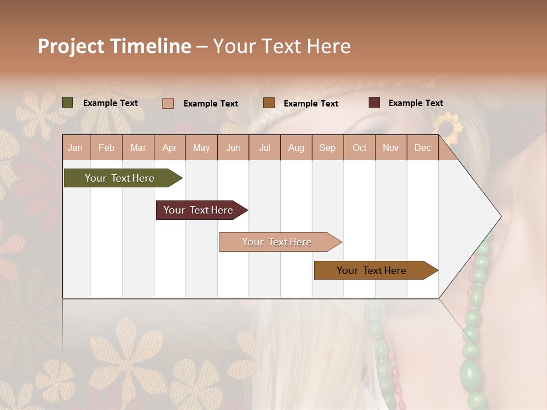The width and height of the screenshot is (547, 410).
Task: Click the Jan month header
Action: coord(76,147)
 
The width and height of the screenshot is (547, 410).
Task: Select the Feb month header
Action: coord(107,147)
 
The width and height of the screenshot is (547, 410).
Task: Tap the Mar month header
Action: coord(138,147)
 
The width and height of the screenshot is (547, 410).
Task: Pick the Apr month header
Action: coord(170,147)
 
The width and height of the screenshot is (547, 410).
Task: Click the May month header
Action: coord(201,147)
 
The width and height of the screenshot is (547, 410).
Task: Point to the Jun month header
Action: coord(233,147)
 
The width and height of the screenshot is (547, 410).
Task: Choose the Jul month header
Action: coord(264,147)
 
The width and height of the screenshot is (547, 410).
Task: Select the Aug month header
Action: coord(296,147)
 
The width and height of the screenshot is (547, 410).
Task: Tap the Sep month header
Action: coord(328,147)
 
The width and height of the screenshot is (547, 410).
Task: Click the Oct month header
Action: coord(360,147)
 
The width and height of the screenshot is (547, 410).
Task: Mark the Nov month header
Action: coord(391,147)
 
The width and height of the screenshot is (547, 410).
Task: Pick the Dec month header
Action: coord(422,147)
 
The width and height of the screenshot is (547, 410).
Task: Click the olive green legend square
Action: coord(68,102)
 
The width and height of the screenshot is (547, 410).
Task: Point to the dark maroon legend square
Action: coord(374,102)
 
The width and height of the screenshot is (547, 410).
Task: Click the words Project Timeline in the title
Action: coord(115,46)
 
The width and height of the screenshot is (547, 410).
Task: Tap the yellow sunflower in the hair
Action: coord(449,128)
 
